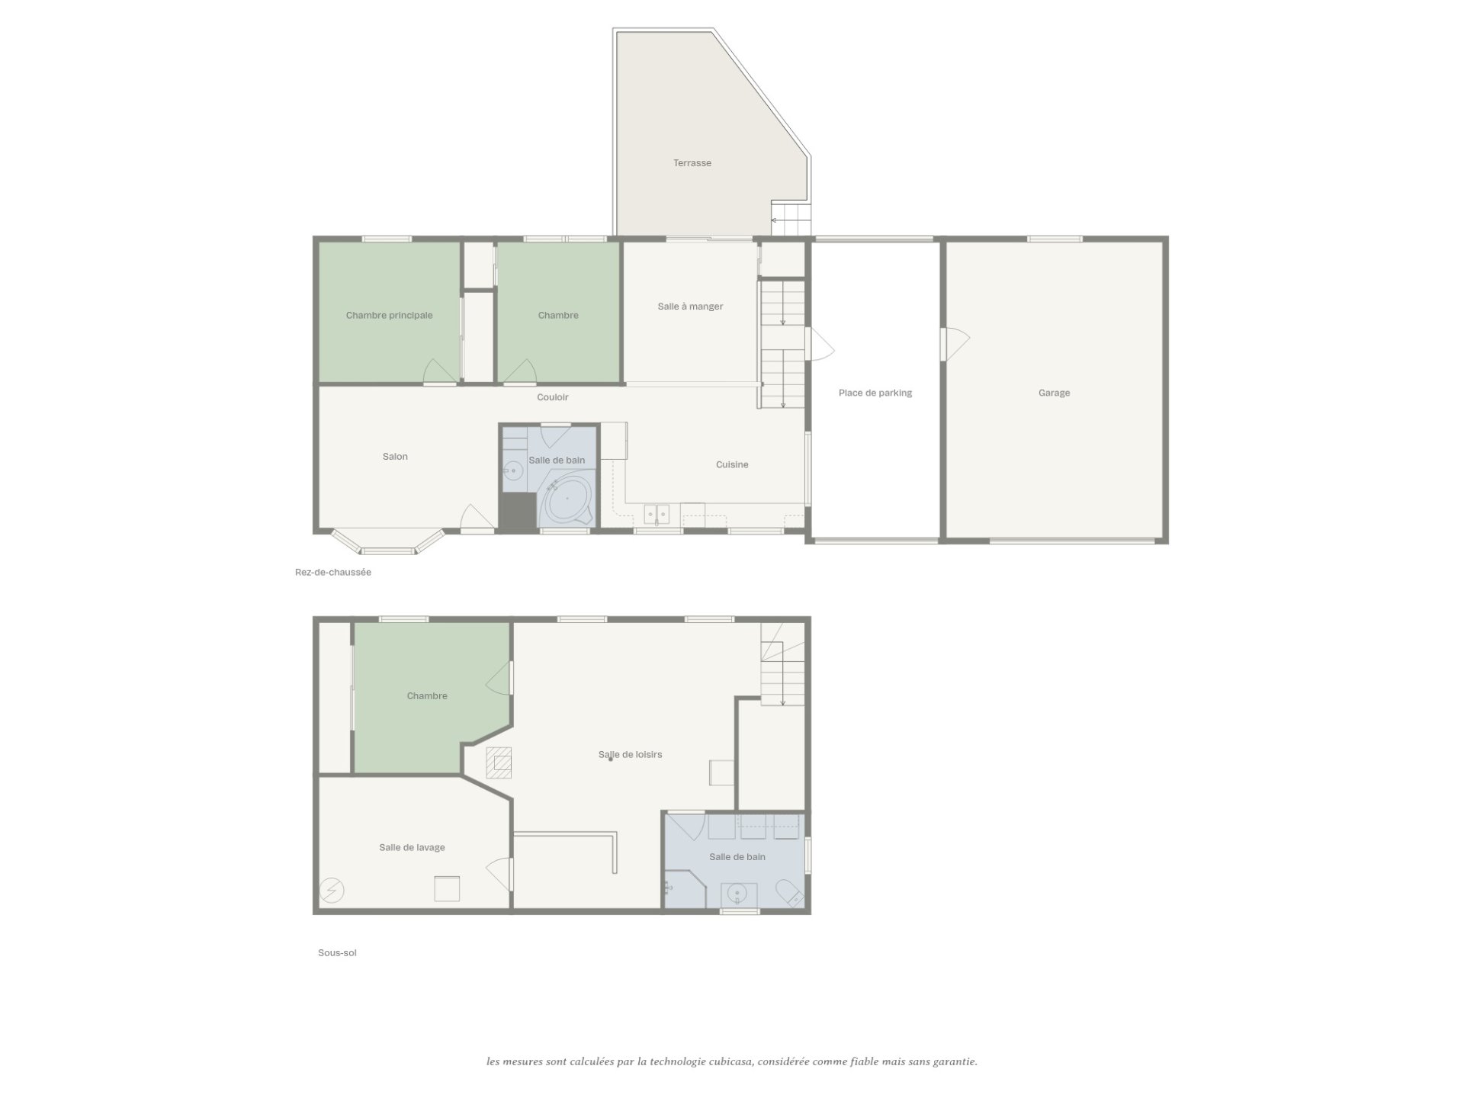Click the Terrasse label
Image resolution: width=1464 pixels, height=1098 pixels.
point(692,163)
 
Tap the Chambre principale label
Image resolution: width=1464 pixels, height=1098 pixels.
point(389,316)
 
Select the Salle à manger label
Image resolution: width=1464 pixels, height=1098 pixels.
point(690,307)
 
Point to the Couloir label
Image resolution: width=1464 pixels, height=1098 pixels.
point(552,397)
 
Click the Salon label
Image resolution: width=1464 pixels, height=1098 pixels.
point(395,457)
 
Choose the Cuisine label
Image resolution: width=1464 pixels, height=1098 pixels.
point(732,464)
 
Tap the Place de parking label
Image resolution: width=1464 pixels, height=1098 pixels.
point(875,393)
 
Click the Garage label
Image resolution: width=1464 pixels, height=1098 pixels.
point(1054,393)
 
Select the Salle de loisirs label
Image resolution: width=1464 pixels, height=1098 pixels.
point(630,755)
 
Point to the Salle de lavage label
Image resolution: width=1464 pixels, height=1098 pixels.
point(412,848)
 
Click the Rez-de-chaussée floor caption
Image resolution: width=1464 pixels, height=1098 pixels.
point(333,573)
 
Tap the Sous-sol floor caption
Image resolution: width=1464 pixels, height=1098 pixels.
point(337,953)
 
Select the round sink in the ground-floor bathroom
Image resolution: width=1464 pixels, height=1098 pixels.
point(513,472)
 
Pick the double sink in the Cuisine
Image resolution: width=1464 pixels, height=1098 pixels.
point(657,515)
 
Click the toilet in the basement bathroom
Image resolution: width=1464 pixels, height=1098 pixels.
point(788,893)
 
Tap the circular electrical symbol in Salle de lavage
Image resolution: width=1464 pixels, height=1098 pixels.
point(332,890)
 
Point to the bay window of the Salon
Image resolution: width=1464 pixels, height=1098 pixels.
point(388,541)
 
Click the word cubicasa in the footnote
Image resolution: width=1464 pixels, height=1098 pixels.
point(730,1061)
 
